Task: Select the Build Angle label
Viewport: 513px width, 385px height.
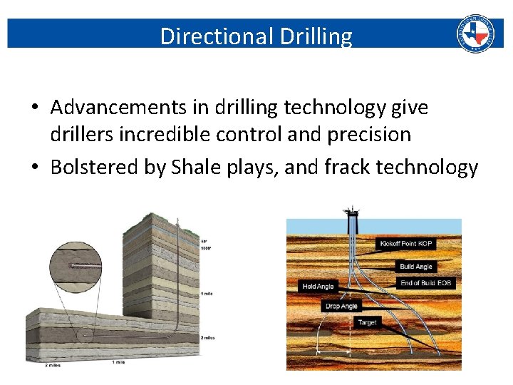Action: [x=415, y=267]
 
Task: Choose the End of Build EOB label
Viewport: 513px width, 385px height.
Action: [x=425, y=283]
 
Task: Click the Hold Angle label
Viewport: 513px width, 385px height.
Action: [x=318, y=287]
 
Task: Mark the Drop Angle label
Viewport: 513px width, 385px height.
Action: [x=341, y=306]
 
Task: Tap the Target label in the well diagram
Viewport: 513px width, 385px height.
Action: [x=367, y=322]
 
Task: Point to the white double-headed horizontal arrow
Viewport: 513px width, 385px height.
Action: [x=333, y=351]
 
